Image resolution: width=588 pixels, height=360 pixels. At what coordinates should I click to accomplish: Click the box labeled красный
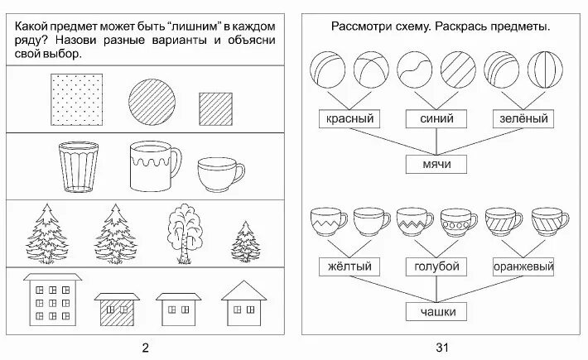coord(349,120)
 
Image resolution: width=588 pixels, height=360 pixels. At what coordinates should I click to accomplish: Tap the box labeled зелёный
coord(522,120)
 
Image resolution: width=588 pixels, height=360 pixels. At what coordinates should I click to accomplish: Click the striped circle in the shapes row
coord(152,98)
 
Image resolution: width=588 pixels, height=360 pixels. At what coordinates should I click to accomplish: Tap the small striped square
coord(216,108)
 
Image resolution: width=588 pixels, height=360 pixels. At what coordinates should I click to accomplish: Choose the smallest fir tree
coord(243,241)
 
